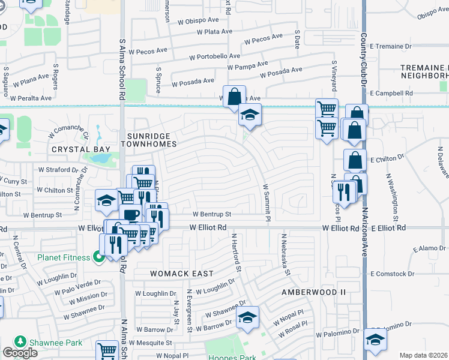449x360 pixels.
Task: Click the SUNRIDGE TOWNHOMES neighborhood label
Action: [x=149, y=140]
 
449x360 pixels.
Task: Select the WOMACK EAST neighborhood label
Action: [x=182, y=274]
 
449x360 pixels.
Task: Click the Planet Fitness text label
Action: [x=64, y=258]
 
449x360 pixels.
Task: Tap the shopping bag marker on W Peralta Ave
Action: [x=234, y=95]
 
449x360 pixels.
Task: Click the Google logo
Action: [x=20, y=353]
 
